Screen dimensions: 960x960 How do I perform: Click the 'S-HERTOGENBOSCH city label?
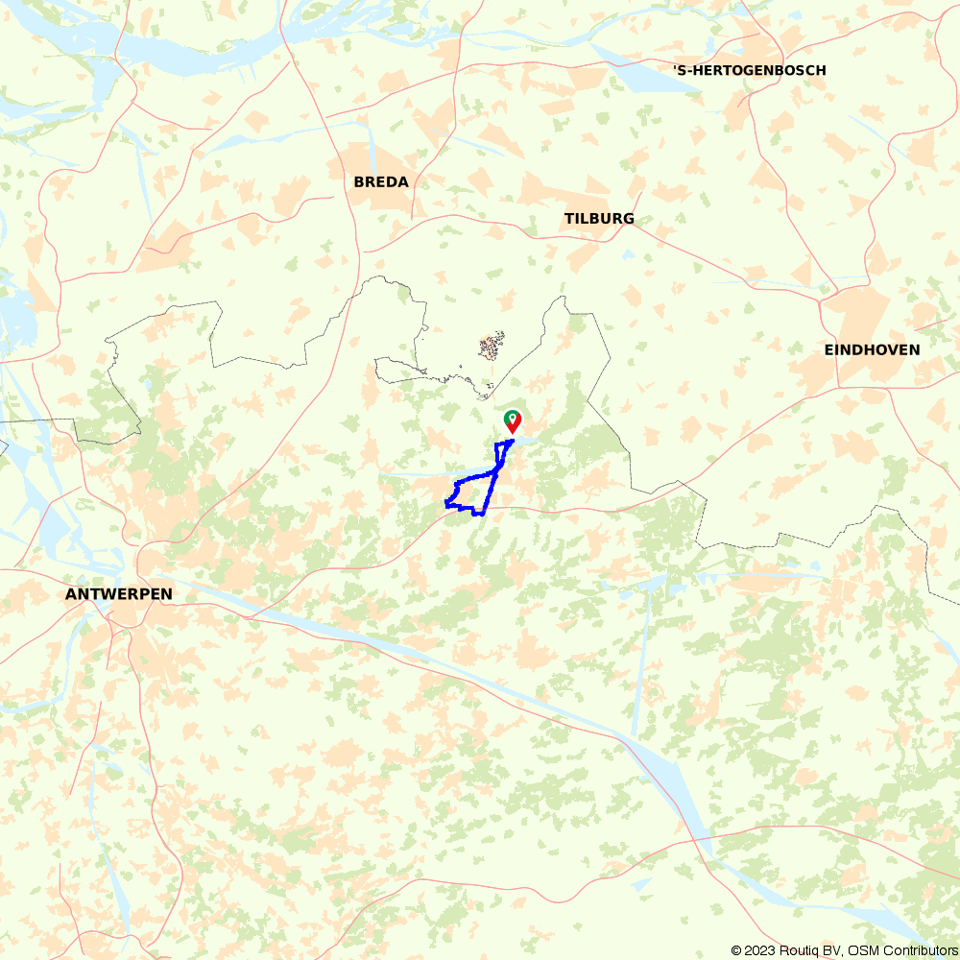(750, 70)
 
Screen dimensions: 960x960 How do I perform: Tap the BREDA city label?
(381, 181)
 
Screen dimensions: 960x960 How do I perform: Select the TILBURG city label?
(599, 218)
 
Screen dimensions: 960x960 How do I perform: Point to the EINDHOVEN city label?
(872, 349)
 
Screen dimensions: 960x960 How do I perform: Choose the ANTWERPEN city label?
(119, 594)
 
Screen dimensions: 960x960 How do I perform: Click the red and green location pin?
(513, 422)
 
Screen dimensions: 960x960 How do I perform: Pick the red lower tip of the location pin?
(514, 432)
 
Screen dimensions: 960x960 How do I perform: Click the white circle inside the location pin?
(513, 419)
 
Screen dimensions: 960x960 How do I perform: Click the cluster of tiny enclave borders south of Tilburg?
(492, 346)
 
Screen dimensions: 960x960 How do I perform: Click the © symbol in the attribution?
(735, 950)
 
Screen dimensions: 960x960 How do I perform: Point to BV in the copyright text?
(828, 950)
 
